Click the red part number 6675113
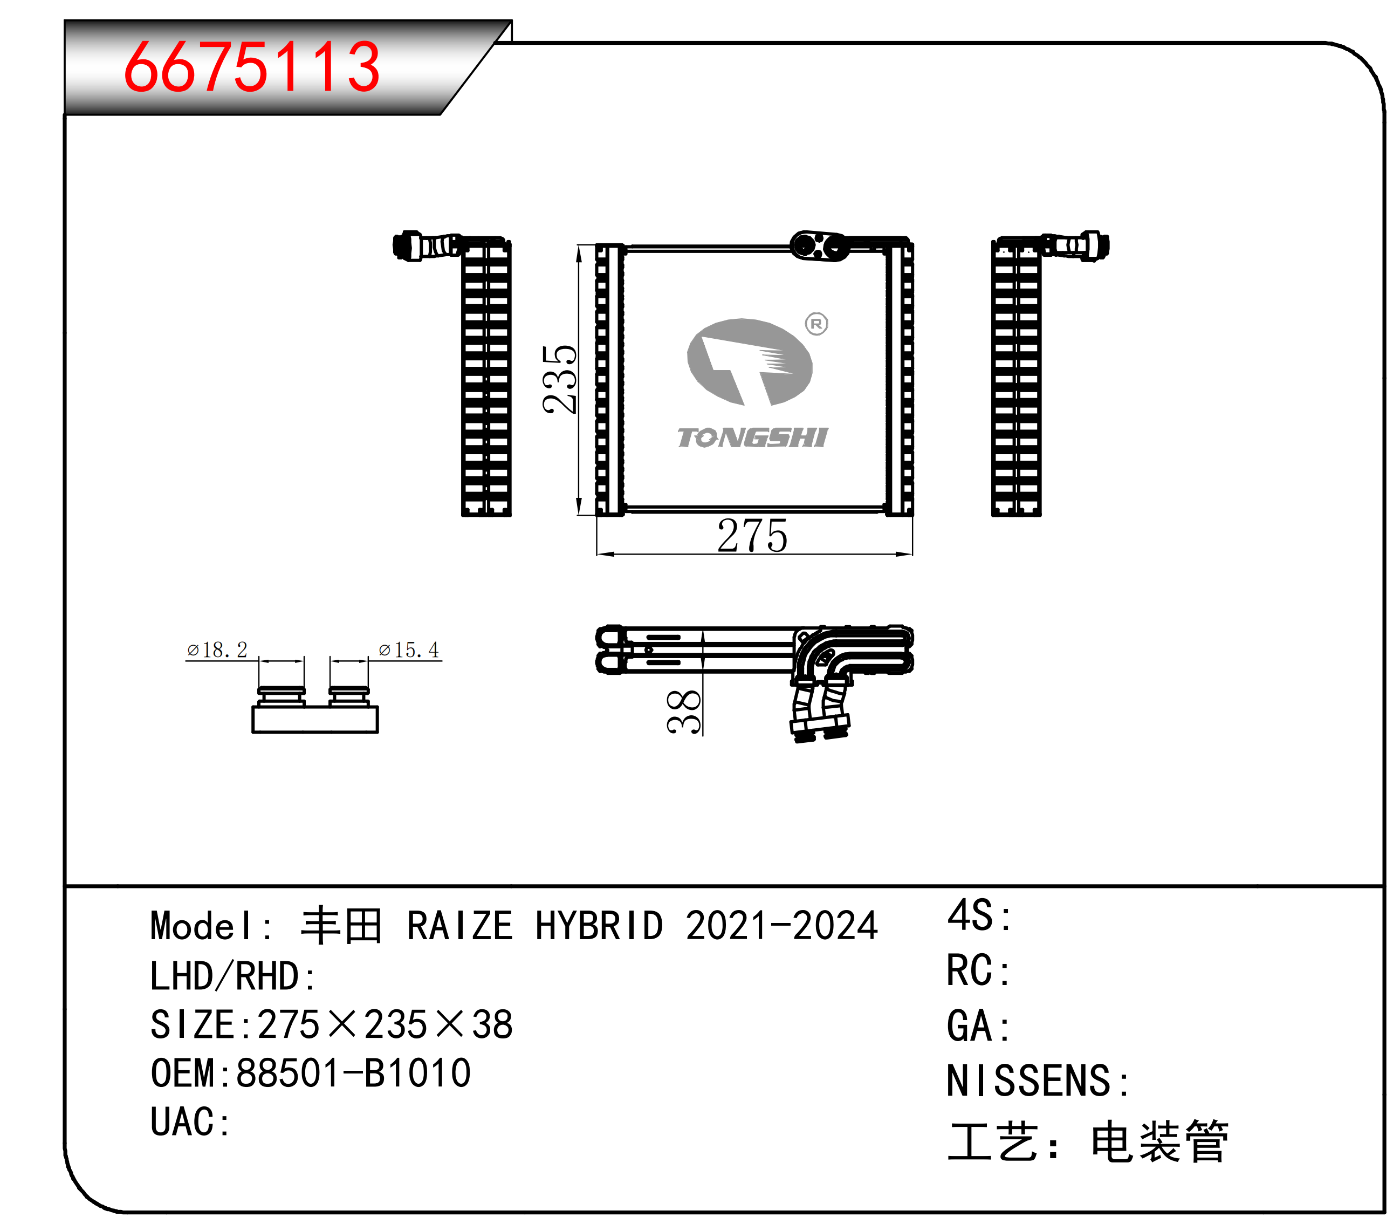point(251,66)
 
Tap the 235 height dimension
point(559,379)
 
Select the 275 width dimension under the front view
point(752,536)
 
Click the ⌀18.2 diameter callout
point(217,649)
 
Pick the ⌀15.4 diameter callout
point(409,649)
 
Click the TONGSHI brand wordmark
point(753,437)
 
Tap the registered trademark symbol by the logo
point(816,323)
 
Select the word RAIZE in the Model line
point(459,926)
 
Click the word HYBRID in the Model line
point(599,926)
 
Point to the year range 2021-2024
point(781,926)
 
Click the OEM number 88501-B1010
point(353,1073)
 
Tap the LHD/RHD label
point(232,976)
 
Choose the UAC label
point(190,1122)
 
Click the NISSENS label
point(1037,1081)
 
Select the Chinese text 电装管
point(1159,1142)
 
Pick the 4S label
point(979,916)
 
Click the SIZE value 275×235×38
point(385,1025)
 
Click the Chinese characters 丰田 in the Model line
point(341,926)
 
